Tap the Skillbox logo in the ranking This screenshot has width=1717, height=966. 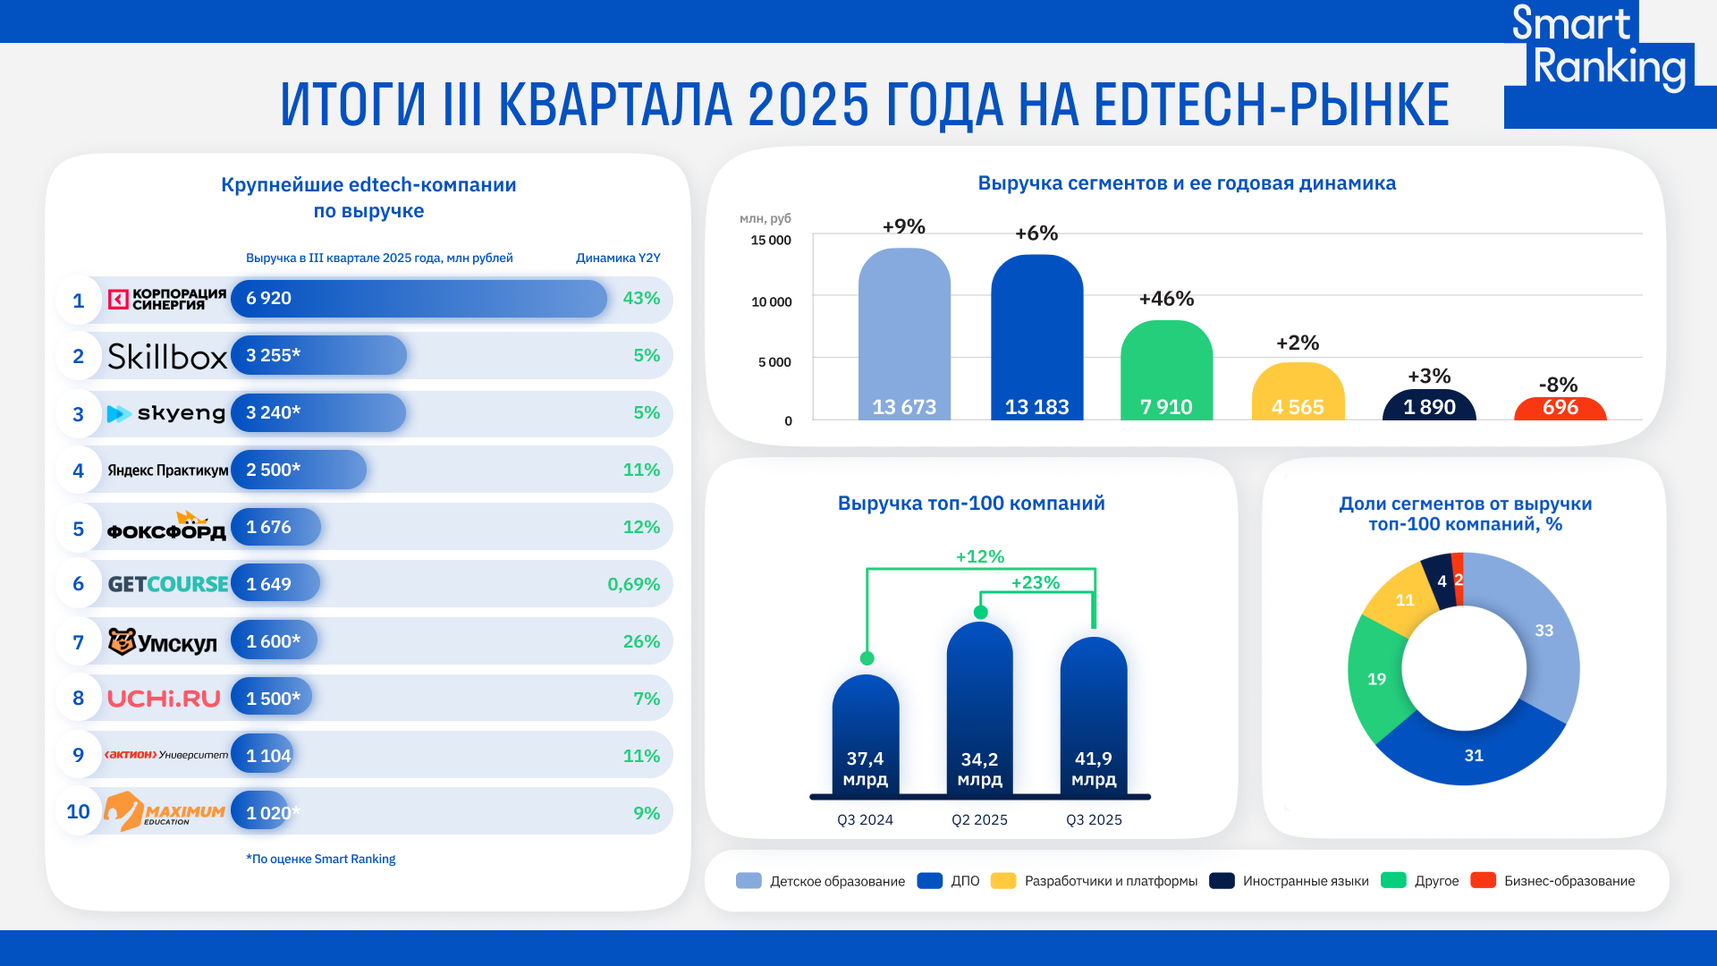(167, 356)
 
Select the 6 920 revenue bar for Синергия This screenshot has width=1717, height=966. (419, 299)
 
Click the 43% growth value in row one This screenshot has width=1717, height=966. (641, 299)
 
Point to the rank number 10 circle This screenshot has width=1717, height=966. (78, 811)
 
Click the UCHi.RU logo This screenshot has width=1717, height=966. (164, 699)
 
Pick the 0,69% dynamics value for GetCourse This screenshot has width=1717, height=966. (633, 584)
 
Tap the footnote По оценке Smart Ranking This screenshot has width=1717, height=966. (320, 859)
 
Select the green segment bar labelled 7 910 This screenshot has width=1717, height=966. (1166, 371)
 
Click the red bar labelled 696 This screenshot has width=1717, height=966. (1560, 409)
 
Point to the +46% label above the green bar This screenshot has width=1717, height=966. (1166, 299)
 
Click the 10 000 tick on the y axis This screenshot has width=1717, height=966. (771, 302)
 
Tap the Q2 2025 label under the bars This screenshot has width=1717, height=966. (979, 820)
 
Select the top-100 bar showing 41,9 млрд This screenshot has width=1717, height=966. (1093, 716)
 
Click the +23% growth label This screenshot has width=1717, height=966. (1035, 583)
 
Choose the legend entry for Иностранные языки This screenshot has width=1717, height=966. (1305, 881)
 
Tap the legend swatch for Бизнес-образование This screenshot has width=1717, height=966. (1483, 880)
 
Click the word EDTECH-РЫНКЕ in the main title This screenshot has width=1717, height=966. (1270, 105)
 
